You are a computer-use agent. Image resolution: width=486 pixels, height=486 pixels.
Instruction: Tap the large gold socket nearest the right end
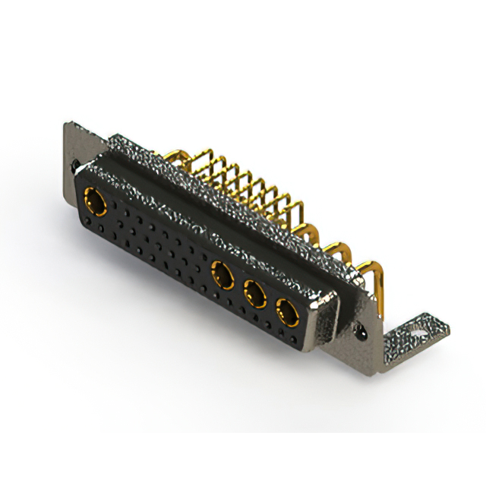point(287,310)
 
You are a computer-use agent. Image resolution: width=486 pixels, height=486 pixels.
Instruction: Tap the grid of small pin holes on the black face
point(159,243)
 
